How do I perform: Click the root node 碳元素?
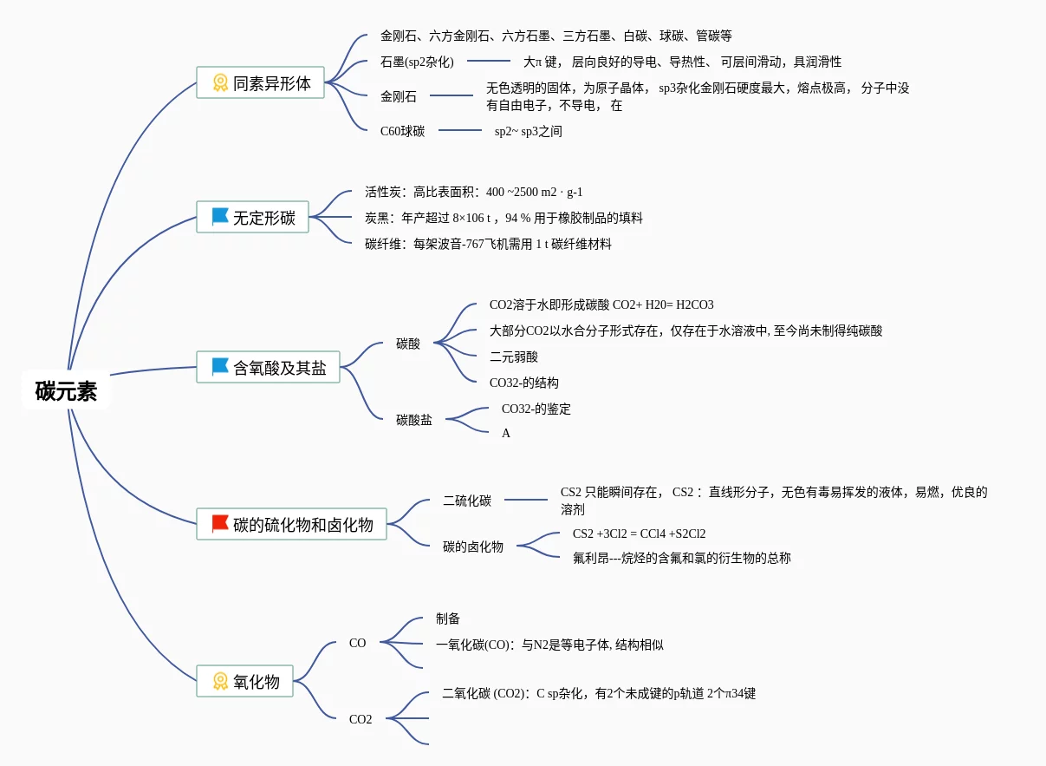pyautogui.click(x=67, y=391)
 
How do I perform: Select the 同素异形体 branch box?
pyautogui.click(x=260, y=83)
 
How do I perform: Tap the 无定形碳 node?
pyautogui.click(x=252, y=217)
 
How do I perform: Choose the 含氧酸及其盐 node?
pyautogui.click(x=268, y=368)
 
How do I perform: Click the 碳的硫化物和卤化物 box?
pyautogui.click(x=291, y=524)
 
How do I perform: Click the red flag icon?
pyautogui.click(x=220, y=523)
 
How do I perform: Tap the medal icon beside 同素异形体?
pyautogui.click(x=220, y=82)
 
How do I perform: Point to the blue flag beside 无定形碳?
pyautogui.click(x=220, y=216)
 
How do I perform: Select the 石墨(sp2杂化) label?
pyautogui.click(x=417, y=62)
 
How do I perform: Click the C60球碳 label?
pyautogui.click(x=402, y=131)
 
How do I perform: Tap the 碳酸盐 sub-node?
pyautogui.click(x=414, y=420)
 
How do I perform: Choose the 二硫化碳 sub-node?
pyautogui.click(x=467, y=501)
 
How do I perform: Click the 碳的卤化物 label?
pyautogui.click(x=473, y=547)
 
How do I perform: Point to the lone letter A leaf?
pyautogui.click(x=506, y=433)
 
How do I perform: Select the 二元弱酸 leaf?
pyautogui.click(x=514, y=357)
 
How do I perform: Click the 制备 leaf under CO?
pyautogui.click(x=448, y=619)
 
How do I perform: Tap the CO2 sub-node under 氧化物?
pyautogui.click(x=361, y=719)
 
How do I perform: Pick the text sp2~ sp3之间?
pyautogui.click(x=529, y=131)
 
